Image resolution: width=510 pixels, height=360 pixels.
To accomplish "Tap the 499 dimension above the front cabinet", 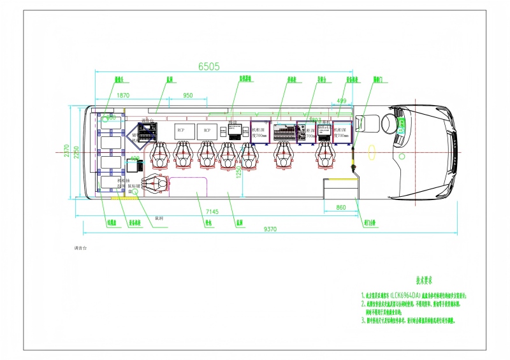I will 342,101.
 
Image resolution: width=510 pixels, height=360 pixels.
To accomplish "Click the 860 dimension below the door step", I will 340,208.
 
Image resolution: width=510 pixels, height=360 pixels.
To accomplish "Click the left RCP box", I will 181,130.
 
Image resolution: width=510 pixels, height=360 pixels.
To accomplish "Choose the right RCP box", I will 207,130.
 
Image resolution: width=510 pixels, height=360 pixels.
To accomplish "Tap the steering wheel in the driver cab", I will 388,124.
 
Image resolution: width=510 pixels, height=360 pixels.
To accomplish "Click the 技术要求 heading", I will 425,280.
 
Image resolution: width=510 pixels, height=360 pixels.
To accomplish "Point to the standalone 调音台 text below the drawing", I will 80,246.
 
